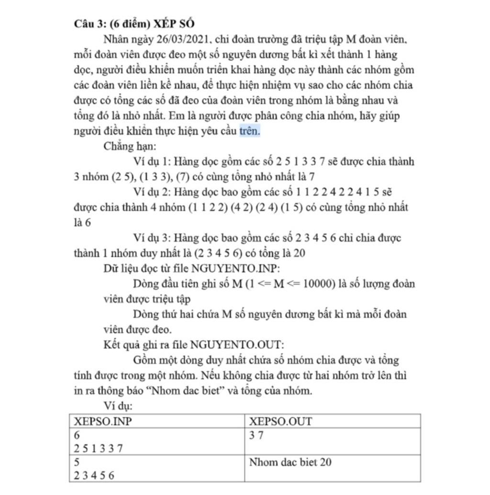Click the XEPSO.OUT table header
(280, 421)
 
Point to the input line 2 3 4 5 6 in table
(94, 475)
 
